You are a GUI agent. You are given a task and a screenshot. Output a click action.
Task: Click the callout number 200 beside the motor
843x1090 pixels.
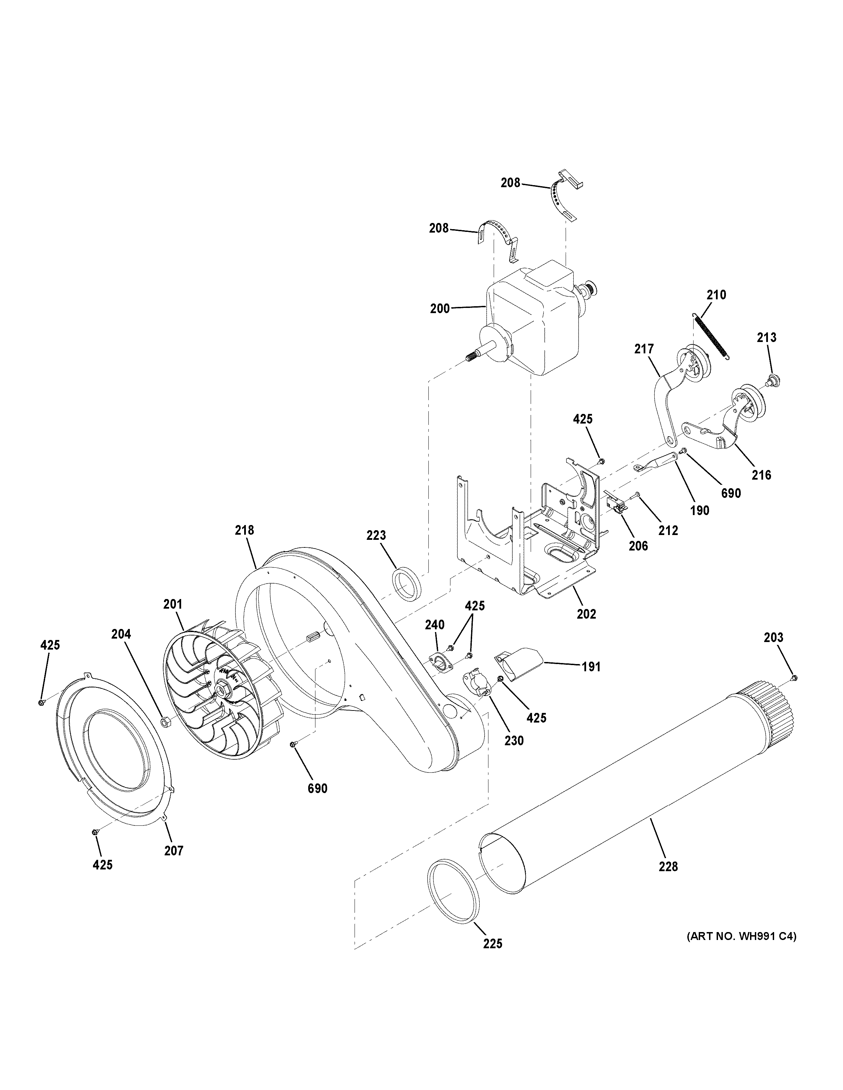(x=439, y=308)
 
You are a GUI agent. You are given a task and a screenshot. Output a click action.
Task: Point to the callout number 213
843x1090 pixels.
(x=766, y=338)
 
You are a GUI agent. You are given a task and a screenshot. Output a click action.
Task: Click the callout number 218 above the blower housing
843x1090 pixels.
(x=244, y=530)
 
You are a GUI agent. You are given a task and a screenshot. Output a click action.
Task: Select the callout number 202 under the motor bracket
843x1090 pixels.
(x=586, y=614)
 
